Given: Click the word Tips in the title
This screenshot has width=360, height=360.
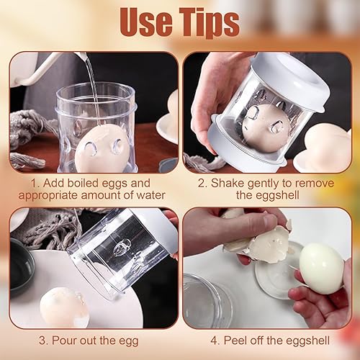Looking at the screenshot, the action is point(210,22).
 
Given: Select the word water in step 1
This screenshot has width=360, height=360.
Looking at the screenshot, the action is point(150,195).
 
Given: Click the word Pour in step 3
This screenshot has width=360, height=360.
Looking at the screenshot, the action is point(65,341).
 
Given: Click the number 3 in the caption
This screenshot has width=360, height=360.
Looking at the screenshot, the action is point(42,341).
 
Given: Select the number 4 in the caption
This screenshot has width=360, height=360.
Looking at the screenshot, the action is point(214,341).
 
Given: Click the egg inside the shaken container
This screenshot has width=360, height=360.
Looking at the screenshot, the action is point(265,128).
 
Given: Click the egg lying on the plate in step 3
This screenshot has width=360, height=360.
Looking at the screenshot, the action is point(64,307).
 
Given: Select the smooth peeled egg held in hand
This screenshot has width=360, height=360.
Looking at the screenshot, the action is point(322,268).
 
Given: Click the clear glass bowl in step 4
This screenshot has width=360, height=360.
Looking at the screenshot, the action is point(207,301).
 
